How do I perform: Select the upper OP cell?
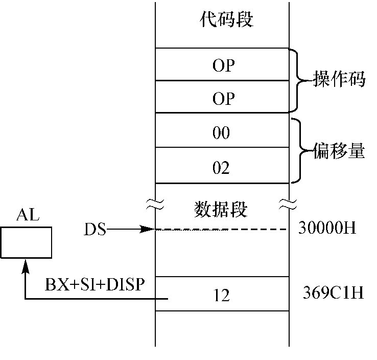pos(221,64)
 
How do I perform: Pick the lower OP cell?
pos(221,97)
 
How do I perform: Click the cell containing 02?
pos(221,167)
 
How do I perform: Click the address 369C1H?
pos(325,294)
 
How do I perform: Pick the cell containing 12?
pos(221,294)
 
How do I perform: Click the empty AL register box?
pos(26,243)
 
